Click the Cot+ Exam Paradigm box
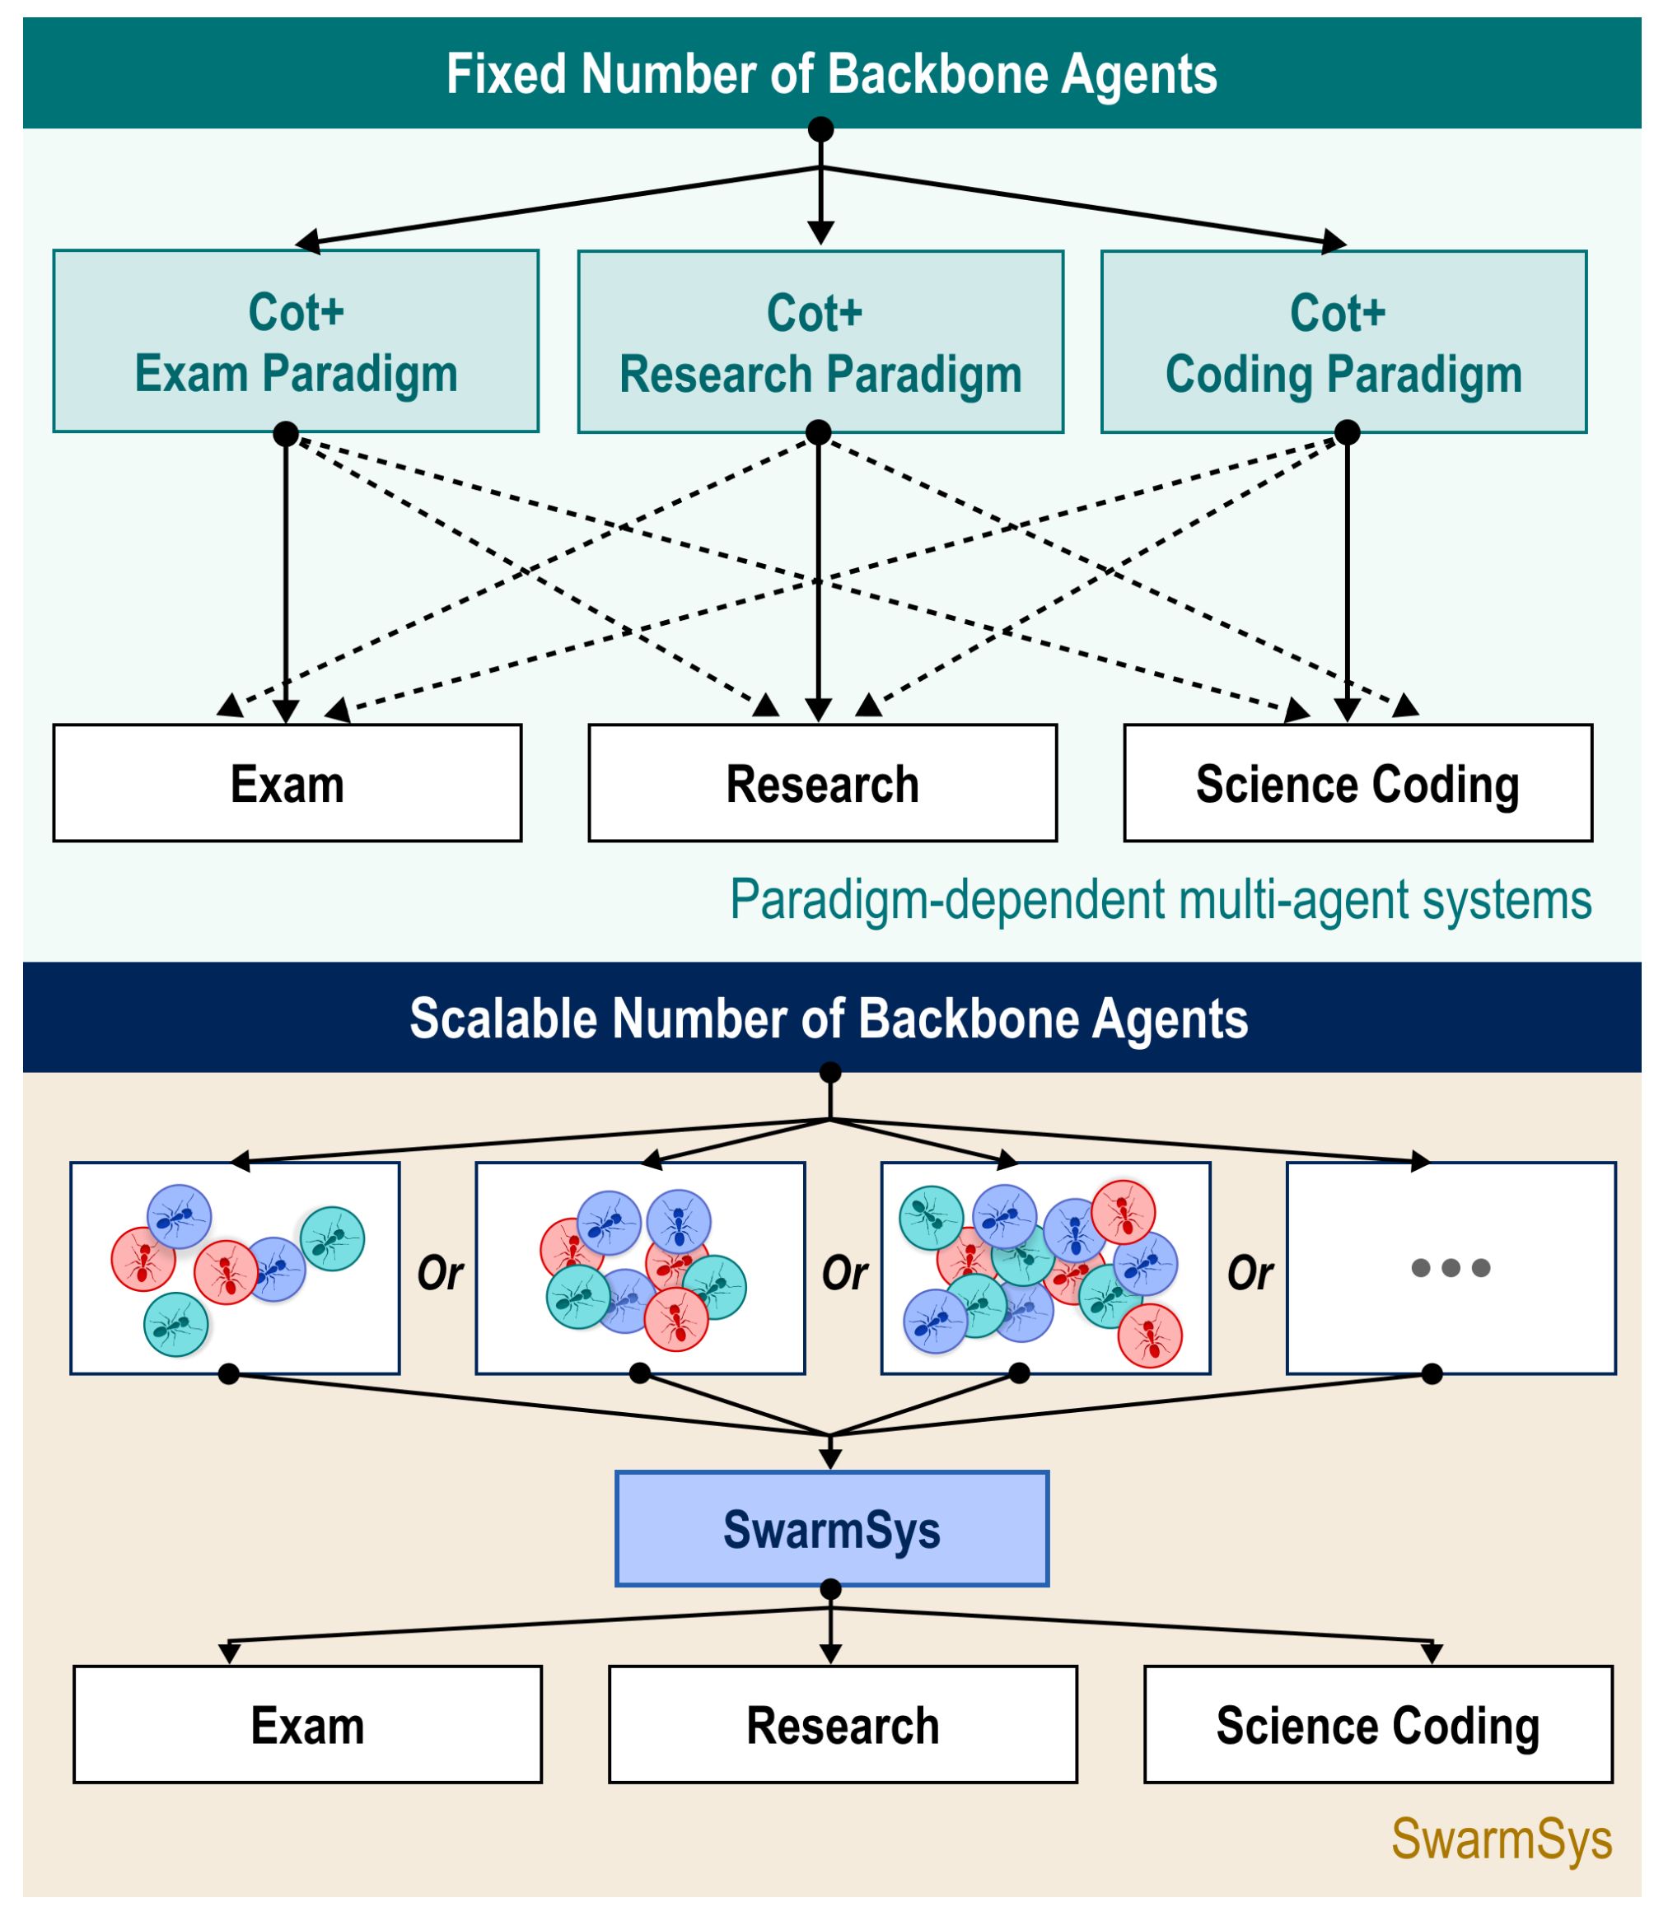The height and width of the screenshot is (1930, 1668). click(x=296, y=341)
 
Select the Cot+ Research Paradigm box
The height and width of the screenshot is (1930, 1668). click(x=820, y=342)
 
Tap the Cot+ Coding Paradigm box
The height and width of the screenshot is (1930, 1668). click(x=1343, y=342)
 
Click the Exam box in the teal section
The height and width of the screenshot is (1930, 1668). click(x=287, y=783)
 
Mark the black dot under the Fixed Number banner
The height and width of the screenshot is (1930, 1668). click(x=820, y=129)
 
